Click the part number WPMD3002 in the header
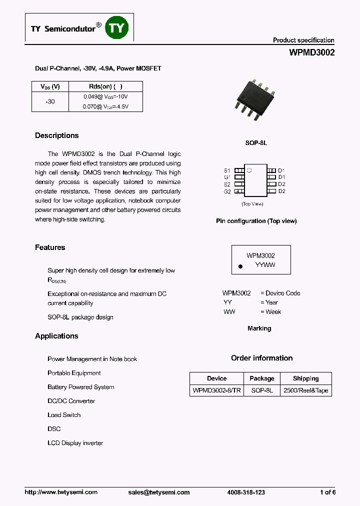[x=311, y=52]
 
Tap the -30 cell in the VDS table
[x=50, y=101]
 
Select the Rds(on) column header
[x=105, y=86]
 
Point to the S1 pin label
[x=227, y=170]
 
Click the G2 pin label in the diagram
[x=227, y=191]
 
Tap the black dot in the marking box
[x=240, y=267]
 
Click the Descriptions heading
[x=56, y=135]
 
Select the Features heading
[x=50, y=247]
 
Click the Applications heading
[x=56, y=336]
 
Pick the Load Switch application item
[x=64, y=415]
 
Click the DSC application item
[x=54, y=429]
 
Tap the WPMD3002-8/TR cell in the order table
[x=216, y=390]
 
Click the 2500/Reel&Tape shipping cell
[x=305, y=390]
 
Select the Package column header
[x=262, y=378]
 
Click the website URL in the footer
[x=61, y=492]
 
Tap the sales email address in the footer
[x=159, y=492]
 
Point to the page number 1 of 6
[x=327, y=492]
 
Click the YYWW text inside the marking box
[x=265, y=265]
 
